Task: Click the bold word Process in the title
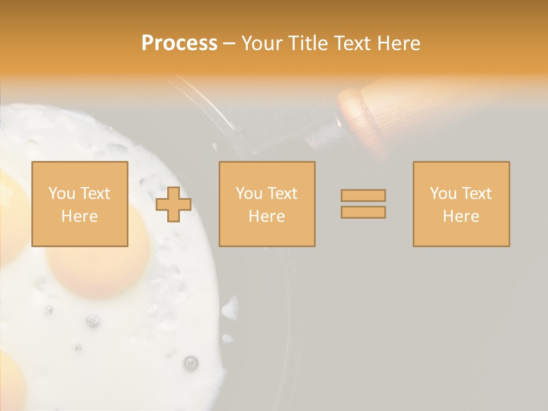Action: tap(179, 43)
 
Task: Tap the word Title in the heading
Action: tap(307, 43)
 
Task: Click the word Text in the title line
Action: tap(351, 43)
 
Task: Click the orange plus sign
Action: tap(174, 204)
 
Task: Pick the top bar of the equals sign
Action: tap(363, 195)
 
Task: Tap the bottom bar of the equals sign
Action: tap(363, 212)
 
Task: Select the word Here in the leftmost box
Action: tap(79, 216)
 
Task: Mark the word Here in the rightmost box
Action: tap(461, 216)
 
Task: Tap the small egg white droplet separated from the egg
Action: tap(229, 310)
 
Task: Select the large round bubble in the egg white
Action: tap(191, 362)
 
